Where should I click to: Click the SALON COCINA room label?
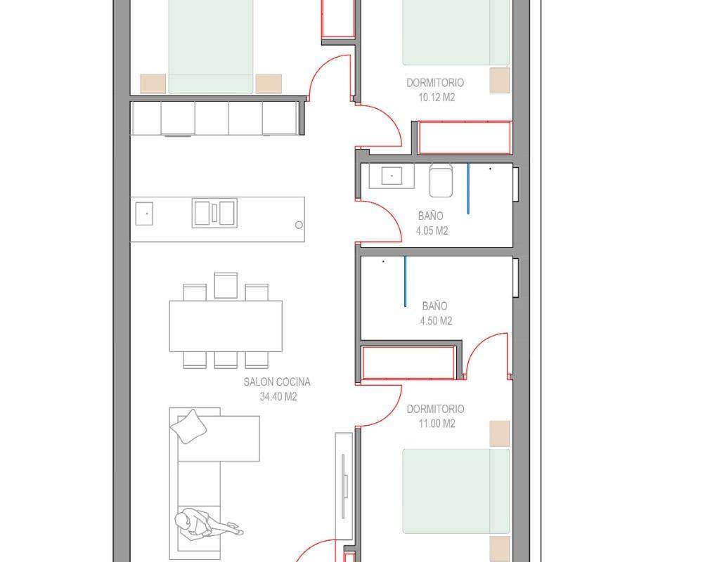[x=277, y=381]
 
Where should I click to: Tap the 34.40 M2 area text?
[x=278, y=397]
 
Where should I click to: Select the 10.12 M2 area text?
[x=437, y=98]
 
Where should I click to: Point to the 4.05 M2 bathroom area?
[x=432, y=230]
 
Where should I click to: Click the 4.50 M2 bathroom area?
[x=436, y=321]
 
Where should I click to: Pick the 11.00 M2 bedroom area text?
[x=437, y=424]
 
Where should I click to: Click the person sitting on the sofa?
[x=208, y=524]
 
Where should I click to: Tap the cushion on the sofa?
[x=188, y=426]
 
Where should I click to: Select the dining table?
[x=226, y=326]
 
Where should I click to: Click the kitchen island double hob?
[x=214, y=213]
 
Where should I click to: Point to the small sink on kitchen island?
[x=144, y=214]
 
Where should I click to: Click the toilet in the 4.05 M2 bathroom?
[x=441, y=181]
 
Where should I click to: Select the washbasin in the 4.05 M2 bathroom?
[x=392, y=176]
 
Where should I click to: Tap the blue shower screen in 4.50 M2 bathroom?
[x=405, y=282]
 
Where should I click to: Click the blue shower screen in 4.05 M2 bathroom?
[x=467, y=189]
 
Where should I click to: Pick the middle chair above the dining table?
[x=226, y=286]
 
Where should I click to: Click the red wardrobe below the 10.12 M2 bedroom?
[x=465, y=138]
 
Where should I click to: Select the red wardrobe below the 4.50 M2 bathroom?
[x=408, y=362]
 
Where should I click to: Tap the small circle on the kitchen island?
[x=299, y=225]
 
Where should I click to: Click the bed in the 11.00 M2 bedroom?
[x=456, y=491]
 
